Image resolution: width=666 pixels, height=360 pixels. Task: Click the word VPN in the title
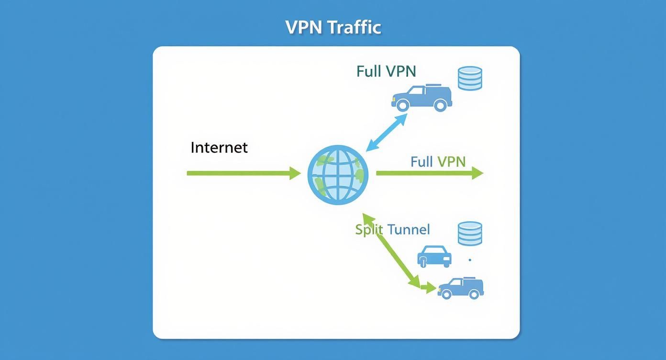(x=304, y=27)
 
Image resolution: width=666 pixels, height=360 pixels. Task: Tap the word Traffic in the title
(x=354, y=27)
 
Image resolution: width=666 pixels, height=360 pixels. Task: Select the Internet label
(x=219, y=147)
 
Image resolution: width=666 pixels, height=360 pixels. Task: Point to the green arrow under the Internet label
(x=239, y=173)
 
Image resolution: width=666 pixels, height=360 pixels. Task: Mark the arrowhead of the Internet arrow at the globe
(x=296, y=173)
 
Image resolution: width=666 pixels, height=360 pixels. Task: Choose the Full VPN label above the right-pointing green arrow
(x=438, y=161)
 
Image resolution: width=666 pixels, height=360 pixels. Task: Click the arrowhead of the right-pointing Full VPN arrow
(x=477, y=173)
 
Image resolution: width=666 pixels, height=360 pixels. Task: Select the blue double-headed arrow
(x=386, y=132)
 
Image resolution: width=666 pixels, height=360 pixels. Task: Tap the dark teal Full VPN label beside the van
(x=386, y=71)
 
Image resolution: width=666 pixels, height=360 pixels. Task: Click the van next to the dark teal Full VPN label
(x=422, y=98)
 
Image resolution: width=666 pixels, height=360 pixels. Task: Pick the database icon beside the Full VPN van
(x=470, y=79)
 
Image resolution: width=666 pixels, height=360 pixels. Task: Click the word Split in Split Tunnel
(x=369, y=230)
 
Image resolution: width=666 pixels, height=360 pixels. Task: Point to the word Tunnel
(x=409, y=230)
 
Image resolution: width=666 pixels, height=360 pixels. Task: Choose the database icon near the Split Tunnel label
(x=470, y=233)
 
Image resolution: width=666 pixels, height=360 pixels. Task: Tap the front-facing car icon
(x=434, y=256)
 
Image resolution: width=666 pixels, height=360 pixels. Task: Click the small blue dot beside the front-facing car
(x=470, y=260)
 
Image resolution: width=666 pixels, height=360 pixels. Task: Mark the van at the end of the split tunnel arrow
(x=460, y=288)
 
